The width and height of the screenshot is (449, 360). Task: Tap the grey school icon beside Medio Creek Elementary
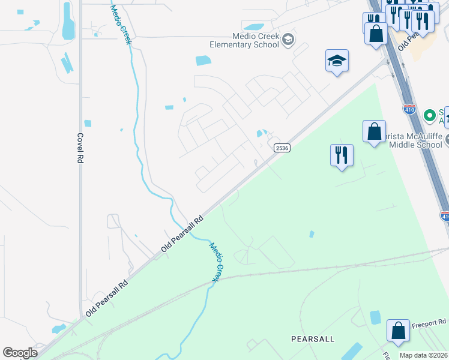point(288,40)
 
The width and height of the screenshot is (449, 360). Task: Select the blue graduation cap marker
point(337,61)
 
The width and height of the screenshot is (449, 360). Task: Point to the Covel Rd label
point(79,148)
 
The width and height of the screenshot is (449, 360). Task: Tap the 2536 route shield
point(282,148)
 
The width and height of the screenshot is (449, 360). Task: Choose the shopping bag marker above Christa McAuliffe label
point(374,131)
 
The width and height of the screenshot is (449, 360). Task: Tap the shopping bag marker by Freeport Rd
point(398,330)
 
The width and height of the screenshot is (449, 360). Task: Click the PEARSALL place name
point(312,339)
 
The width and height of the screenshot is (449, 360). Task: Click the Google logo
point(20,353)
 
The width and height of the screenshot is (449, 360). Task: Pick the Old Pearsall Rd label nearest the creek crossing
point(182,233)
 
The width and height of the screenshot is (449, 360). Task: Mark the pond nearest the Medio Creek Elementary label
point(253,27)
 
